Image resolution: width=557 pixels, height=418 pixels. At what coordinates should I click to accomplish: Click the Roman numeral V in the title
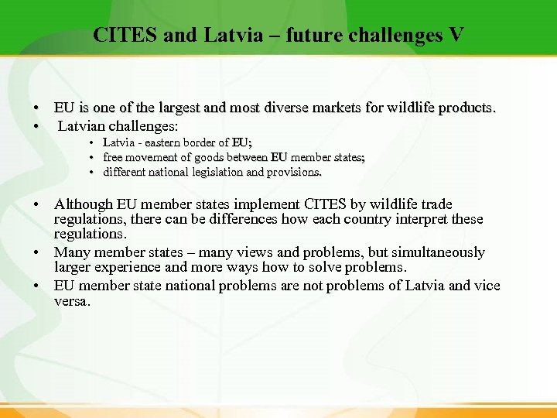click(x=456, y=35)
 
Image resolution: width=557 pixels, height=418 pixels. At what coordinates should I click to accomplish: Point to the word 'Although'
click(x=83, y=204)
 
